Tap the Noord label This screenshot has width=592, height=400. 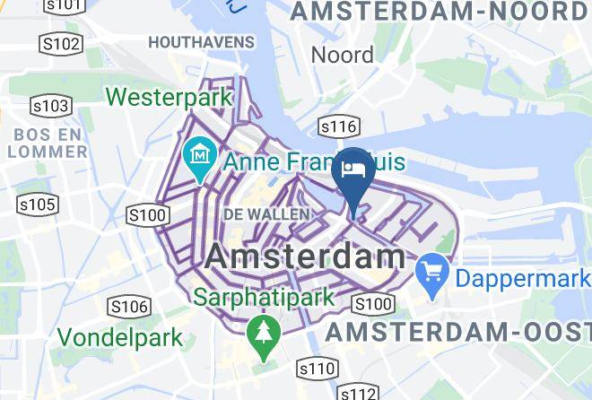click(342, 55)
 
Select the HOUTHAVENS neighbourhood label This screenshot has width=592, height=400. click(201, 42)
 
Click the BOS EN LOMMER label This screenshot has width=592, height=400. click(48, 143)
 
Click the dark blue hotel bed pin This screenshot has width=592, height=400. click(353, 171)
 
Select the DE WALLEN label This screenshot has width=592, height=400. click(266, 214)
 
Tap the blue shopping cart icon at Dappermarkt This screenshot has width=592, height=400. click(433, 269)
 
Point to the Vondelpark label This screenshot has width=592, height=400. click(120, 338)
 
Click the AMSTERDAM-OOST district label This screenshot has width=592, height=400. click(457, 332)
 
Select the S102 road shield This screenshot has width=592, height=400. click(61, 44)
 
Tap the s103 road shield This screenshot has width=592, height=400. click(50, 107)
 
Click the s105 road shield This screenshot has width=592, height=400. click(38, 205)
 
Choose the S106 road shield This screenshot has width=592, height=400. click(128, 307)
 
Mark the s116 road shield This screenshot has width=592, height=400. click(338, 127)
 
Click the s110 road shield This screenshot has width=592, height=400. click(318, 368)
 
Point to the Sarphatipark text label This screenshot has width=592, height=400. click(266, 296)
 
